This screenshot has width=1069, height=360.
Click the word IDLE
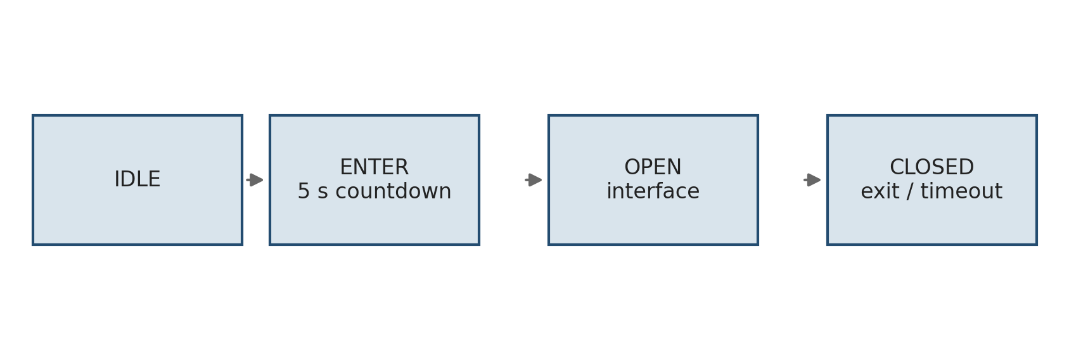138,179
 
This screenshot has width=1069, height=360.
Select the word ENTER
374,167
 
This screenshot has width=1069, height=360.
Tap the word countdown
394,191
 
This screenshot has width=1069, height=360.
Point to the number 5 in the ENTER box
304,191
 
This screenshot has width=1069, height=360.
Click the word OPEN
653,167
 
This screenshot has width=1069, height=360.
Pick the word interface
653,191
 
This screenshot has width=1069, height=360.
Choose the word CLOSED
931,167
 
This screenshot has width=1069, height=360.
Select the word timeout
961,191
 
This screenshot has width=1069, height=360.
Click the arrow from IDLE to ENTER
255,180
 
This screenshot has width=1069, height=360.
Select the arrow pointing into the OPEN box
534,180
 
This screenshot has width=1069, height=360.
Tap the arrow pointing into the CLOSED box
812,180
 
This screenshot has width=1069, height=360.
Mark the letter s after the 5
323,193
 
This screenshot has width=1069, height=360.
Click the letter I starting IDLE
117,179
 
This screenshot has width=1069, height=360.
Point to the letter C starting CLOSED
897,167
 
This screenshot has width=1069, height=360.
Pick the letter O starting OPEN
632,167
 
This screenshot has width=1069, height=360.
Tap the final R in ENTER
402,167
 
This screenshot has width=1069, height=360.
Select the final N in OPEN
675,167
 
